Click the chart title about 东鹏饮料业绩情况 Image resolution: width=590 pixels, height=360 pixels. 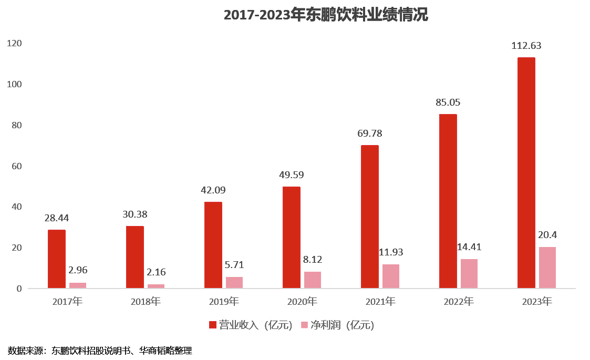(326, 15)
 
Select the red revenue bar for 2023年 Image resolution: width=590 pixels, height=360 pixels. (526, 173)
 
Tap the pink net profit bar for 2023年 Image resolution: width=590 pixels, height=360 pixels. (547, 268)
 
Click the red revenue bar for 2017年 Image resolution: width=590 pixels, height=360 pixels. (57, 259)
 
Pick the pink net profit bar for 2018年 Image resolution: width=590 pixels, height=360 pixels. (156, 286)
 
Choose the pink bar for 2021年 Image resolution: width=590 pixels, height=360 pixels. (391, 276)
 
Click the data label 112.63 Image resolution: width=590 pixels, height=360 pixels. (526, 46)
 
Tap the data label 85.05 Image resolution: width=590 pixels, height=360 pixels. (448, 102)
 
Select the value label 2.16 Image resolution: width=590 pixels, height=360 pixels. (156, 273)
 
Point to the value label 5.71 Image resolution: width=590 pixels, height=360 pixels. (234, 265)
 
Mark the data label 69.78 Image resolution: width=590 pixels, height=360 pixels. (369, 133)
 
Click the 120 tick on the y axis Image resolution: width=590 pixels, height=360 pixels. (14, 44)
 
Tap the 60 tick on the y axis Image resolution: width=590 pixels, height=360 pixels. (16, 166)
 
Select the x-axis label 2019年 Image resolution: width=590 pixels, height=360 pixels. (224, 302)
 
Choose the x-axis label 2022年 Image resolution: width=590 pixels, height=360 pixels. (459, 302)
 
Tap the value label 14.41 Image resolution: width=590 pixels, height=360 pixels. (469, 247)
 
